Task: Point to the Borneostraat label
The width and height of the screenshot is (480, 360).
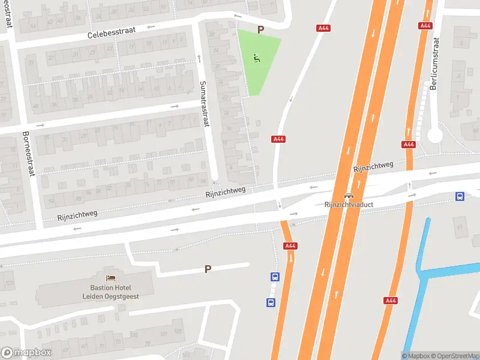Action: [26, 154]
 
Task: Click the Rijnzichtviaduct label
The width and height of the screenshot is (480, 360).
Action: [348, 205]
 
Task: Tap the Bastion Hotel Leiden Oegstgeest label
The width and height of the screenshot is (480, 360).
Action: [112, 292]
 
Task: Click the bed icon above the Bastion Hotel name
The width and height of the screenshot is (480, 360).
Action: [111, 278]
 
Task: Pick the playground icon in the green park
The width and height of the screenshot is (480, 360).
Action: [257, 58]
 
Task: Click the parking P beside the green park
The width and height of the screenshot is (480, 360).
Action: [260, 29]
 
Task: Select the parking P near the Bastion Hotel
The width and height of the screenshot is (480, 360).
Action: [208, 269]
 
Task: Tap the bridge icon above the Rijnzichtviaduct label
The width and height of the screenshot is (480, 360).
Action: [348, 196]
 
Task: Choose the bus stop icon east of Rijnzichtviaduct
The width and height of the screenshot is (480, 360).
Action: [460, 196]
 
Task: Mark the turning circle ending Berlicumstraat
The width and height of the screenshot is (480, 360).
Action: [435, 135]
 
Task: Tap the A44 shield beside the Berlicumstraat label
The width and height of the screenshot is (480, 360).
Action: [426, 26]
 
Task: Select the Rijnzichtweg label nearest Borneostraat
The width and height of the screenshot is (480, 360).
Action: [77, 214]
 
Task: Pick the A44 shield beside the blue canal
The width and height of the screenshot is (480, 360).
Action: [391, 301]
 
